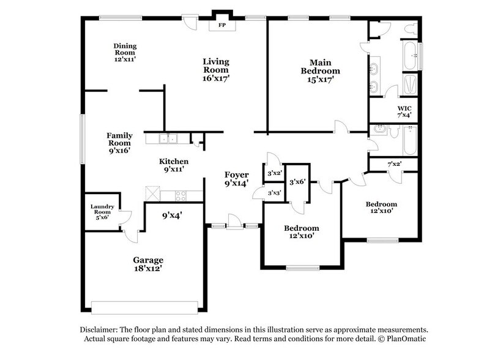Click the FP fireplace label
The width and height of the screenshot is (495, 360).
tap(218, 26)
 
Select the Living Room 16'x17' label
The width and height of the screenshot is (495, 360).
tap(217, 70)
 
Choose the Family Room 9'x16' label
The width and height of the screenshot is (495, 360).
tap(120, 140)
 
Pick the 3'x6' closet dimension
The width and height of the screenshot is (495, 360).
tap(297, 182)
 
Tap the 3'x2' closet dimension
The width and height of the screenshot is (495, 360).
tap(273, 173)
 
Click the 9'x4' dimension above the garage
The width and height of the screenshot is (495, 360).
tap(172, 215)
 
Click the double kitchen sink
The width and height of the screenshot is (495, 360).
tap(168, 139)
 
